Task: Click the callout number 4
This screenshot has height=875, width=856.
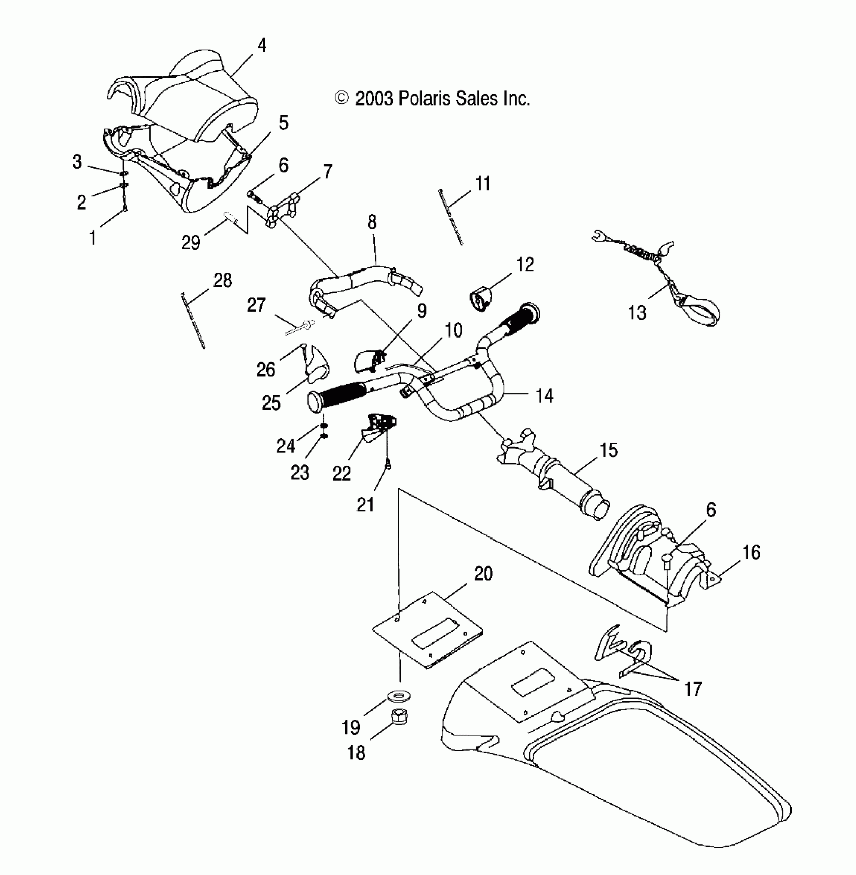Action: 261,45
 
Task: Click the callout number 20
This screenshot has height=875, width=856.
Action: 483,574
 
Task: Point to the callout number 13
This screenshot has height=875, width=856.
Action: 637,313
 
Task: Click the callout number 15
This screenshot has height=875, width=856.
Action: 609,450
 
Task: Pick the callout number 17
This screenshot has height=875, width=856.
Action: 693,689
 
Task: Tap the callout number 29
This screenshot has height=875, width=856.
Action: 191,243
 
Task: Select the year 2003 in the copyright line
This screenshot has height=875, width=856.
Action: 374,99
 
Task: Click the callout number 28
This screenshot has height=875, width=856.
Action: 223,280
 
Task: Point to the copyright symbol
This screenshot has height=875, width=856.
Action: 342,98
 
